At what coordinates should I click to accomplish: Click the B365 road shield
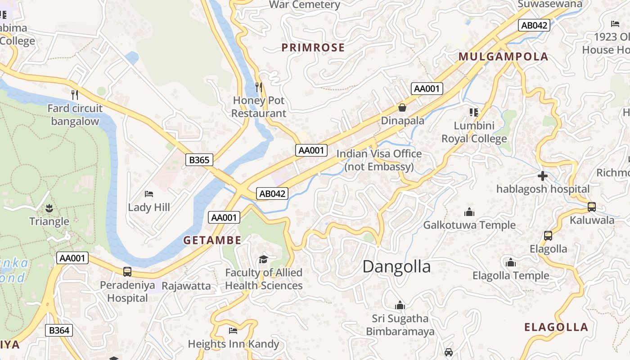click(x=199, y=160)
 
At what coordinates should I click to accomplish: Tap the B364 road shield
click(x=59, y=330)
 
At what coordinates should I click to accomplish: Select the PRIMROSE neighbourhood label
click(x=313, y=48)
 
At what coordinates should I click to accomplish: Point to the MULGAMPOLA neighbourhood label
click(x=503, y=57)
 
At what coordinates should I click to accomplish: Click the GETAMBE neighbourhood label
click(x=212, y=240)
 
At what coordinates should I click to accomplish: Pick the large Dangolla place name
click(x=396, y=267)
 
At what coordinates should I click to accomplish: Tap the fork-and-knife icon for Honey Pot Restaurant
click(x=259, y=87)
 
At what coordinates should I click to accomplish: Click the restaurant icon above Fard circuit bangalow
click(x=75, y=95)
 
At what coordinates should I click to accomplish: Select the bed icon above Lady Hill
click(x=149, y=194)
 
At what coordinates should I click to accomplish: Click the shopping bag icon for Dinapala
click(x=402, y=108)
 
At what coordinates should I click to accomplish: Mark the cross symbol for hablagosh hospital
click(x=543, y=176)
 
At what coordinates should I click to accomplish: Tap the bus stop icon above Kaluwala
click(x=592, y=207)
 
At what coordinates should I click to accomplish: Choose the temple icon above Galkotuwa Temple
click(x=469, y=212)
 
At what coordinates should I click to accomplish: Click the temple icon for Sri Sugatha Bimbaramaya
click(x=400, y=306)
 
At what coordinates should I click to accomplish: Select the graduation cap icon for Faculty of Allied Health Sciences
click(x=263, y=259)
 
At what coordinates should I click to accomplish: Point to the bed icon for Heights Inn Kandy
click(x=233, y=331)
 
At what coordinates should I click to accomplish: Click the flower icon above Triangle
click(x=49, y=208)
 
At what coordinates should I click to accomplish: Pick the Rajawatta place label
click(x=186, y=286)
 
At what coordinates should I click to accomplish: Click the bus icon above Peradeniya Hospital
click(x=127, y=272)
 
